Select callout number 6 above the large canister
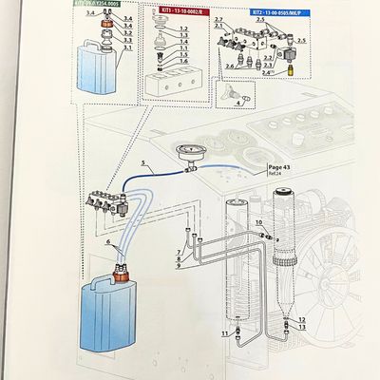107,243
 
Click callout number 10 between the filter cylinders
259,223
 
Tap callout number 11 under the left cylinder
224,333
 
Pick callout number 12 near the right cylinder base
301,318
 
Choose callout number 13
301,326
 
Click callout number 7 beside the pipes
178,251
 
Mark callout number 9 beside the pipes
178,266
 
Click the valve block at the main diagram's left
104,203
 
